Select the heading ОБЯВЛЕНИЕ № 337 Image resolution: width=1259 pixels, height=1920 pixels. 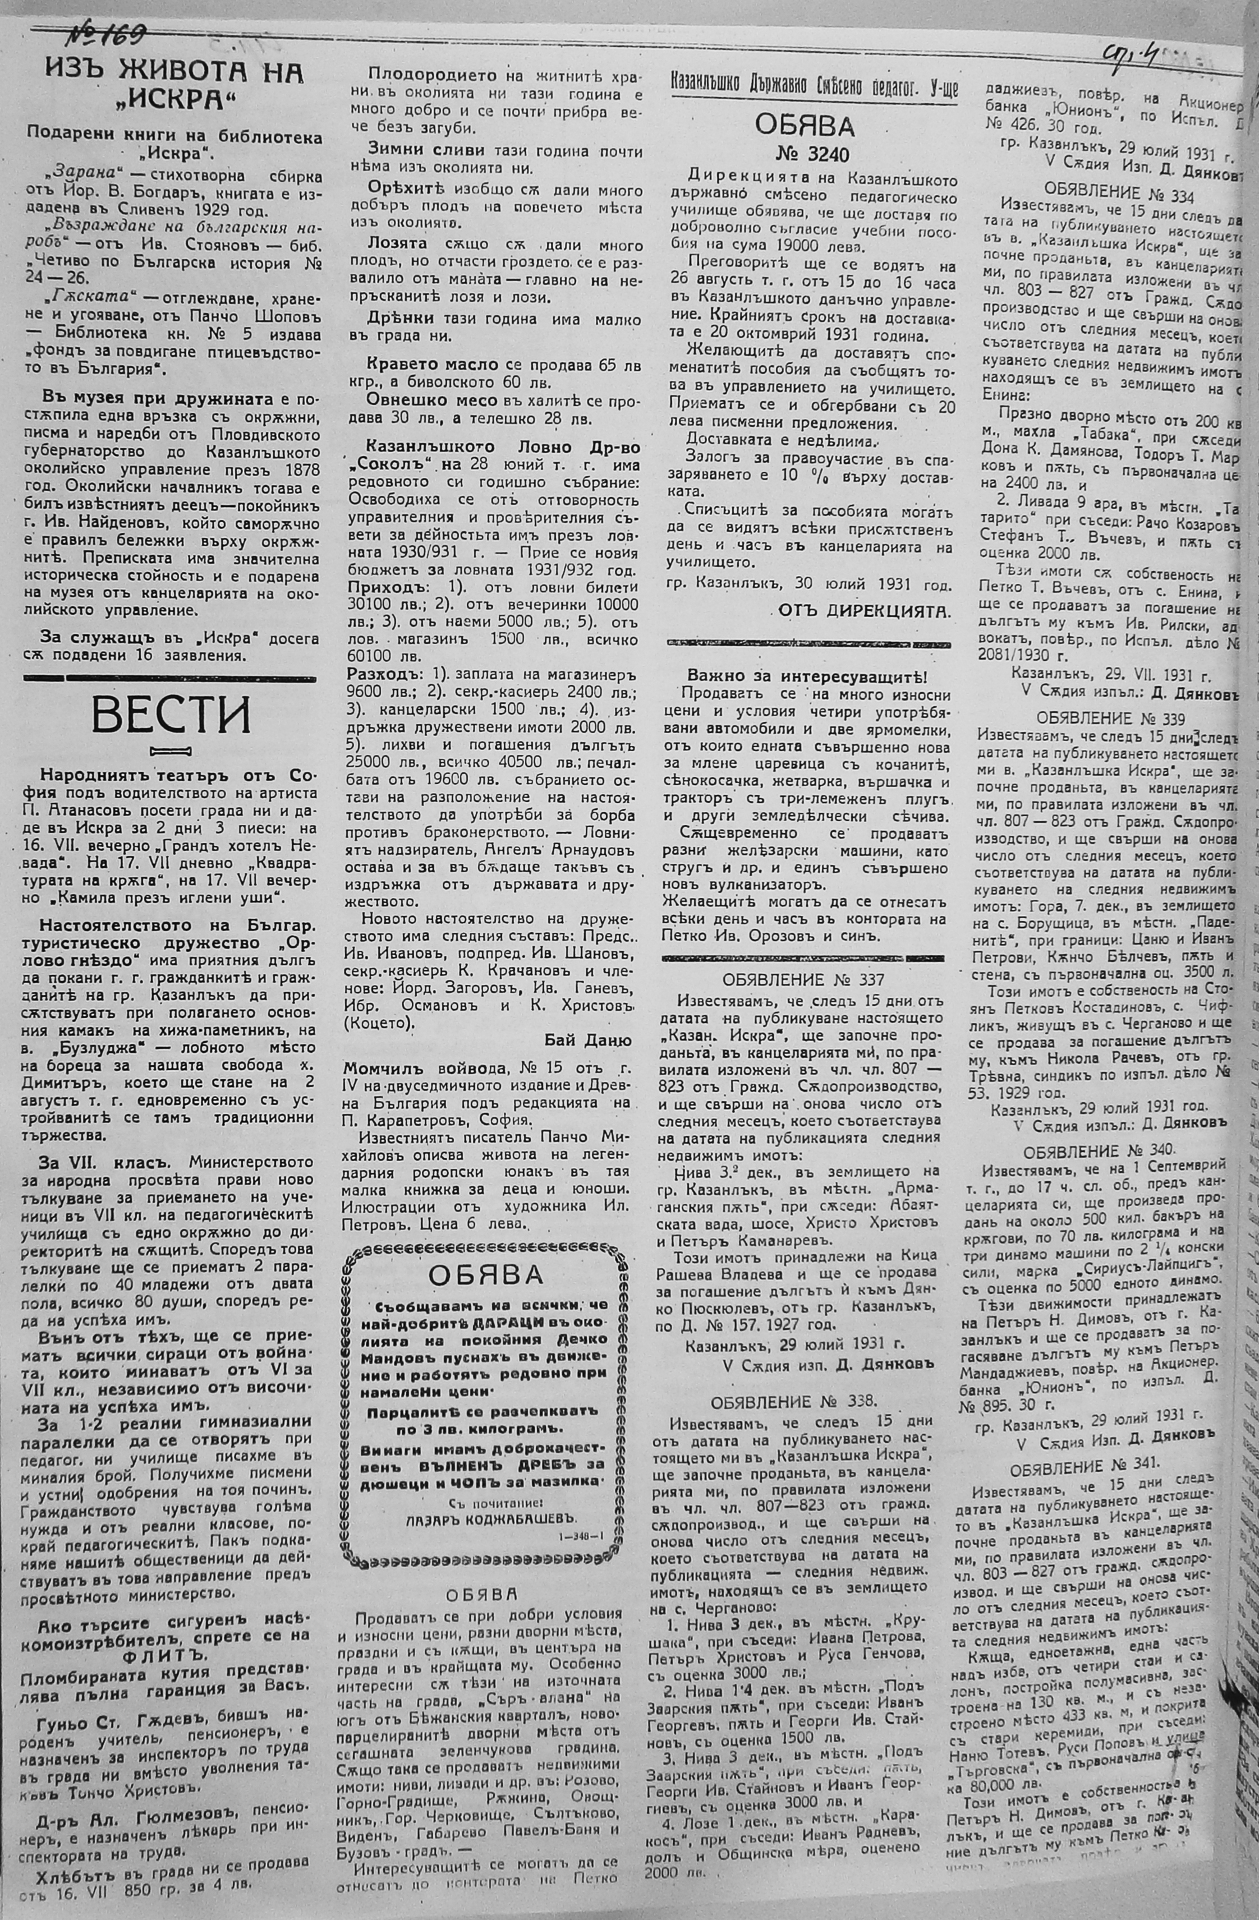coord(804,980)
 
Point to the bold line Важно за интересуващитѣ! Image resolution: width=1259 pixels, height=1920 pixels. coord(807,676)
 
